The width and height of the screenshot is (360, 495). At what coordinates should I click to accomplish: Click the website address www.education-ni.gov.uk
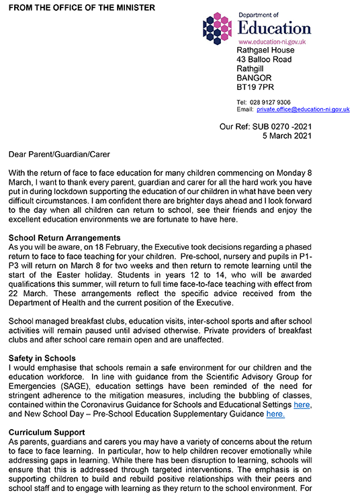coord(273,42)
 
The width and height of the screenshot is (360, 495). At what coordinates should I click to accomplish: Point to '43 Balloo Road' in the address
coord(265,60)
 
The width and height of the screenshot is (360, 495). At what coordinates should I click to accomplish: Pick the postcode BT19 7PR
coord(255,87)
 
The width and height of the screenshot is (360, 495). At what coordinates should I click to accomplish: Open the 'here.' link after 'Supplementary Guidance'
coord(275,414)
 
